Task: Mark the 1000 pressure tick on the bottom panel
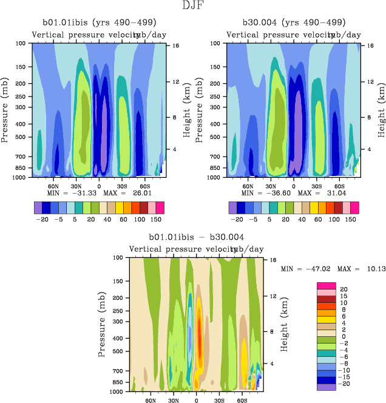click(x=117, y=392)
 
